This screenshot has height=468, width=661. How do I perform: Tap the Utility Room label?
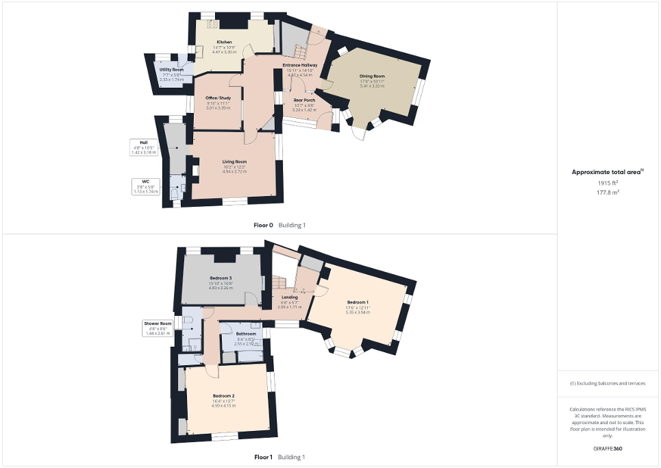point(171,70)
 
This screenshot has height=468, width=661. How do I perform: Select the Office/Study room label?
point(218,99)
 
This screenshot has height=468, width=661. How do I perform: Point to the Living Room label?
point(234,162)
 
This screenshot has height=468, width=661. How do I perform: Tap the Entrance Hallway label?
point(300,65)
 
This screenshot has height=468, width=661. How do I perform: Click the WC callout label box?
point(145,187)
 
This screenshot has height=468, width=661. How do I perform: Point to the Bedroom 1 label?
point(358,302)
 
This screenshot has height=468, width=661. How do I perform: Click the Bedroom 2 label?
point(223,397)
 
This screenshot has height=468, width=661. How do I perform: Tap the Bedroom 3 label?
point(221,278)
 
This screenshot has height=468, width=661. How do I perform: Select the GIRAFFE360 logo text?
point(608,449)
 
